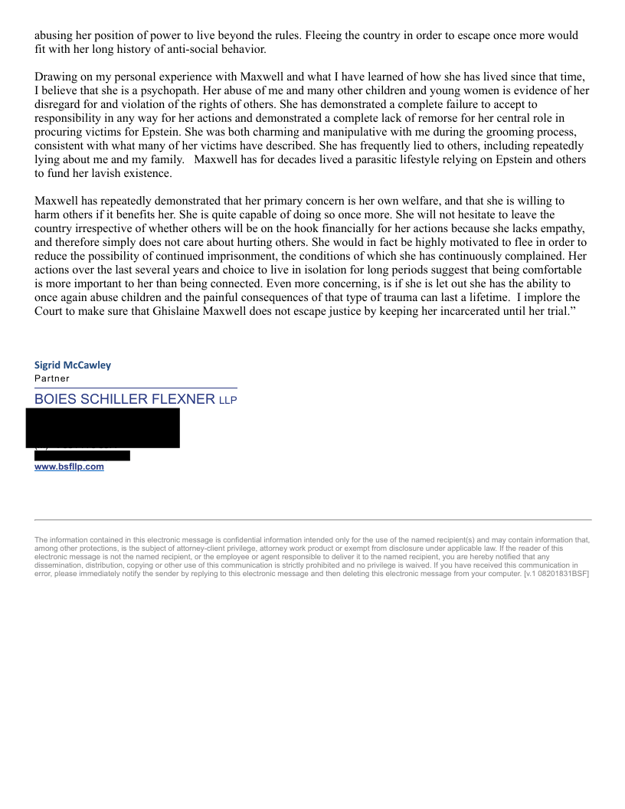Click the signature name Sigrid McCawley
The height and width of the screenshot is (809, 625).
[73, 365]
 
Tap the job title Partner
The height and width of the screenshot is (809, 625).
[52, 378]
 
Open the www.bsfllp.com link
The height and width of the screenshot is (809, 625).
[69, 467]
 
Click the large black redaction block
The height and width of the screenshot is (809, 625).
[103, 427]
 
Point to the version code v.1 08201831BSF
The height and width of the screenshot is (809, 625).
[556, 574]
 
